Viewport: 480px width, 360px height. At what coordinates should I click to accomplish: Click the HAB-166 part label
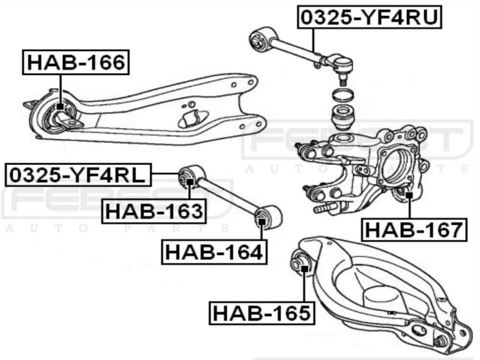76,62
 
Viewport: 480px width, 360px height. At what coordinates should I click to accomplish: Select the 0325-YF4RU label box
370,17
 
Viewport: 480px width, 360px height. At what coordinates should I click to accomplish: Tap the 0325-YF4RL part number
79,175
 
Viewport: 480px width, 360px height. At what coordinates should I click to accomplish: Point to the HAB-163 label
154,211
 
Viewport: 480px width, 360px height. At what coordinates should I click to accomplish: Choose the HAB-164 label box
214,252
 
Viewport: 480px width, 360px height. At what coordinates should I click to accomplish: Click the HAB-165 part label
262,313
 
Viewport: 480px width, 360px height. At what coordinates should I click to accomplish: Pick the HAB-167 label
414,230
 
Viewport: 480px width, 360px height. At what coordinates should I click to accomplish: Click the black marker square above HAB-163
190,182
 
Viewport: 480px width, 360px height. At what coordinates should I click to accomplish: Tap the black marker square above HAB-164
262,221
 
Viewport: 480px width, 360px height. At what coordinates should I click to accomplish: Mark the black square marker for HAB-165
304,269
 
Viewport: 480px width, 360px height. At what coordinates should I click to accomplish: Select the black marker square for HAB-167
409,194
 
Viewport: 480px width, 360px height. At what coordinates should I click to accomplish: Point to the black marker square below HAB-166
61,107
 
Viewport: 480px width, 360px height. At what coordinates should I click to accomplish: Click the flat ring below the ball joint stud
343,95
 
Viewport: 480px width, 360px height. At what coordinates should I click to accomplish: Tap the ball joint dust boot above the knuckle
344,117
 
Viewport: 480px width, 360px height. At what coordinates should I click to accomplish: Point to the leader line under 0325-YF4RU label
313,40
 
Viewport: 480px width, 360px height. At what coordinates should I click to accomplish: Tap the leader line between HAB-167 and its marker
409,208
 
